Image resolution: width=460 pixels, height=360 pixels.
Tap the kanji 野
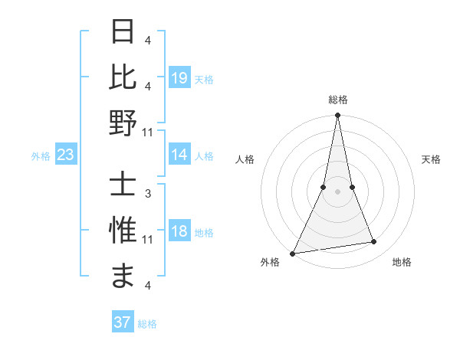point(123,123)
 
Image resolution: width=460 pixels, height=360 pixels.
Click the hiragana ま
point(123,276)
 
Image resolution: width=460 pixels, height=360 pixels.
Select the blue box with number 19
point(179,77)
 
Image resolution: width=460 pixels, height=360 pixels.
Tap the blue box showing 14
point(179,155)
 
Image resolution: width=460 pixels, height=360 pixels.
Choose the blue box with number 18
point(179,232)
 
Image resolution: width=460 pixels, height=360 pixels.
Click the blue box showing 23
point(66,155)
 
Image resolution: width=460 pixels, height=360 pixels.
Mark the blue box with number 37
point(123,322)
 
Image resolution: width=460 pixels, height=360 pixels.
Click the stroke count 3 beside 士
point(147,193)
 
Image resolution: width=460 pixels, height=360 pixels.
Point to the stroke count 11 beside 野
point(147,132)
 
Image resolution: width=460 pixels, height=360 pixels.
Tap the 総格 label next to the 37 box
point(147,324)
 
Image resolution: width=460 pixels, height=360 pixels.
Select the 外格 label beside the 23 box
point(41,156)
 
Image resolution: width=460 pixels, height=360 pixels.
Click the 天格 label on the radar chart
point(432,159)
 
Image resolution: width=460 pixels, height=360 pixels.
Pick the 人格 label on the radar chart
point(245,159)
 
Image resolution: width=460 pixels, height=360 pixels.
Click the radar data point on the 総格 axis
point(337,116)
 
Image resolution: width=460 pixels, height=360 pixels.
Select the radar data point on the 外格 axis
point(293,254)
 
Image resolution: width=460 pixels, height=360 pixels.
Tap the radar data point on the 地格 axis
point(374,242)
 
